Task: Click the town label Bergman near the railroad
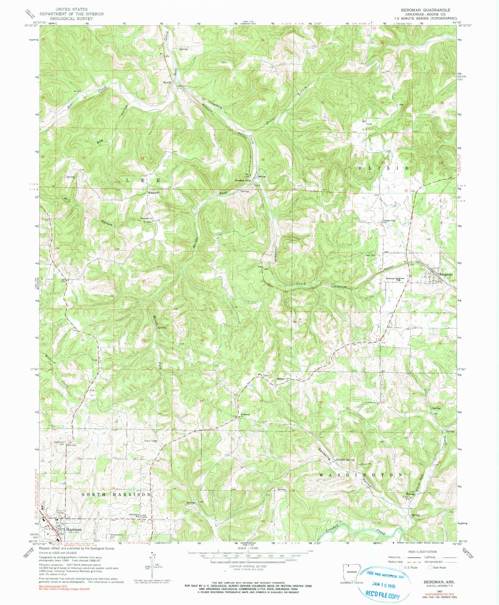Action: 446,274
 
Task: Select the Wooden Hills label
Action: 243,180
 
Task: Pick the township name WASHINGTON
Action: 361,475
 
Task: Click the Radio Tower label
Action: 151,441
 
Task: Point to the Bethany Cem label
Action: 282,379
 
